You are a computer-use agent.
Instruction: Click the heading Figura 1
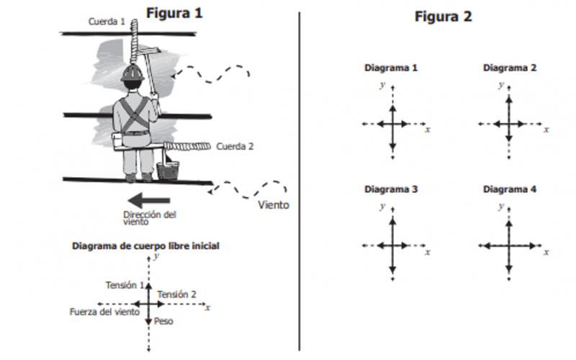174,13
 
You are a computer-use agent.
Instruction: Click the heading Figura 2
443,17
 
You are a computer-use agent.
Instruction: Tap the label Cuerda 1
107,22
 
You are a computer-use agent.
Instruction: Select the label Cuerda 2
235,147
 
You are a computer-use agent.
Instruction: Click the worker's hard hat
132,73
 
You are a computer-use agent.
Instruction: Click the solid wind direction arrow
149,200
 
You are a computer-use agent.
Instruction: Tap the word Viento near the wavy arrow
274,205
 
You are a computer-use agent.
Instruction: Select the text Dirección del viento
150,218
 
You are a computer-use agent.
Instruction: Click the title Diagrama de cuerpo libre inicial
145,246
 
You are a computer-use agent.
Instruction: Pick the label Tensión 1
125,285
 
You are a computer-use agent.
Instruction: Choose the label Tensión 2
176,294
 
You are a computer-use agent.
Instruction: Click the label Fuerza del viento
104,312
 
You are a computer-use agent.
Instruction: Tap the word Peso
163,321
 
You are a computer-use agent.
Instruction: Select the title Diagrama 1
391,68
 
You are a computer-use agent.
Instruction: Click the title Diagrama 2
510,68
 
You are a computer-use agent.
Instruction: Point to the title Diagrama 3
391,189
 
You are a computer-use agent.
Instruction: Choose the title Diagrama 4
510,189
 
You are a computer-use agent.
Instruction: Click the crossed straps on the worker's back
135,114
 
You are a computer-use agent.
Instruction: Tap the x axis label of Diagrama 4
546,252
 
